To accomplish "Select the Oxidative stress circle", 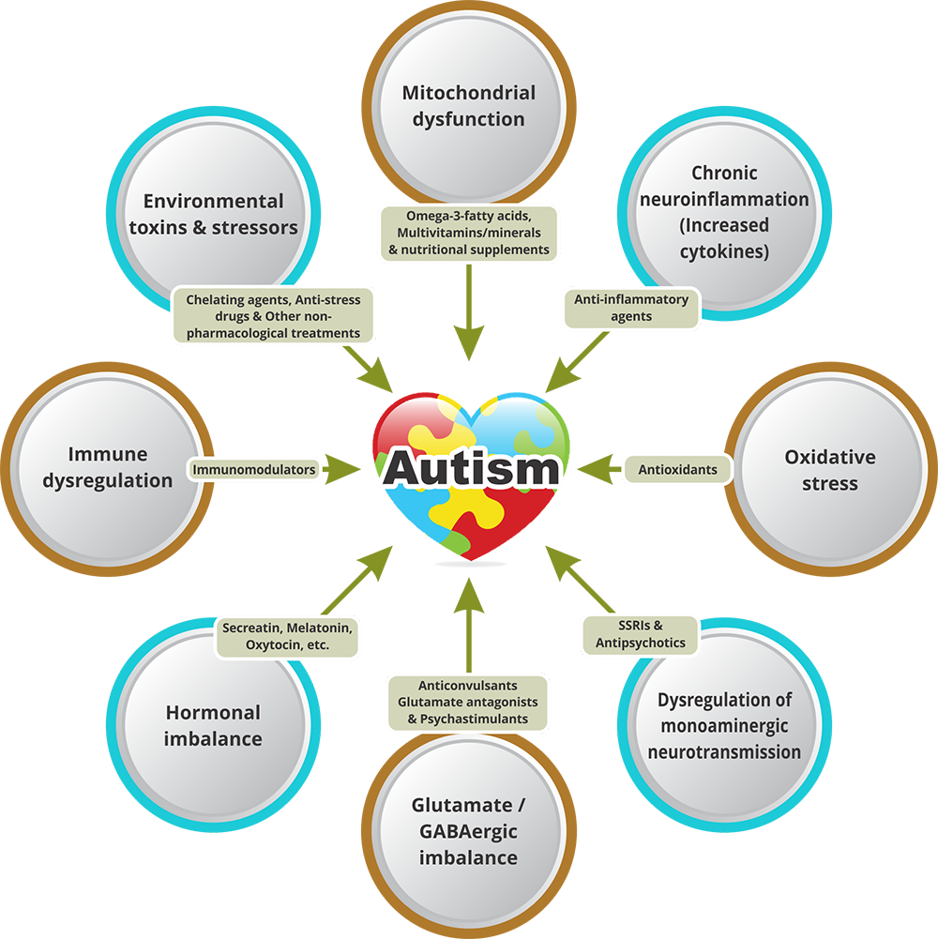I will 829,470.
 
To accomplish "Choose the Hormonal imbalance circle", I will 213,725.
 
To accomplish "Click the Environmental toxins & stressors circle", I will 213,214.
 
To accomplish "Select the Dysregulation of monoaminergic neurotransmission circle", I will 724,725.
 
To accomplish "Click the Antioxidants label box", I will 677,469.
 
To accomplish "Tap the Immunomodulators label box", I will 254,469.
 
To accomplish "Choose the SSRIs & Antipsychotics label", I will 641,634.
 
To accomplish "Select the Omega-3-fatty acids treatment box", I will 468,233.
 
